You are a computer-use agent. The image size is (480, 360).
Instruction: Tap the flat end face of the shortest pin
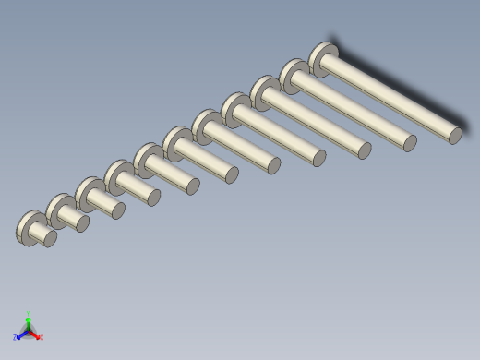[50, 239]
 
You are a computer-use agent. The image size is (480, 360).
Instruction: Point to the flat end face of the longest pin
[455, 136]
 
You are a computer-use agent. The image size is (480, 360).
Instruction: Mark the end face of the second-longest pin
[410, 143]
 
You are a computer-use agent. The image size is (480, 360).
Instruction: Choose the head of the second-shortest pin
[57, 210]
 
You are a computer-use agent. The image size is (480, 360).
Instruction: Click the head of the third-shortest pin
[87, 193]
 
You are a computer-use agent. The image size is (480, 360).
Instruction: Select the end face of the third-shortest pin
[118, 210]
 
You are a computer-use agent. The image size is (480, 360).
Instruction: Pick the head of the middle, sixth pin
[174, 141]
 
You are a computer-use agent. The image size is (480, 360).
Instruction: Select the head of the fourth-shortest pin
[116, 175]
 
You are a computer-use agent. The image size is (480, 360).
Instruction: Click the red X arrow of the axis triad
[39, 337]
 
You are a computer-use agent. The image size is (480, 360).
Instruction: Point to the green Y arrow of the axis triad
[29, 317]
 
